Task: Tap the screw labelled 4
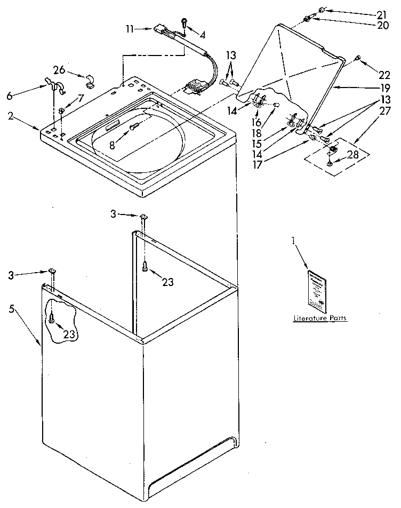pos(184,22)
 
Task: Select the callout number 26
pos(60,70)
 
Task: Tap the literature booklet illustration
pos(317,291)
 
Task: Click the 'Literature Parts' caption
pos(320,318)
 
